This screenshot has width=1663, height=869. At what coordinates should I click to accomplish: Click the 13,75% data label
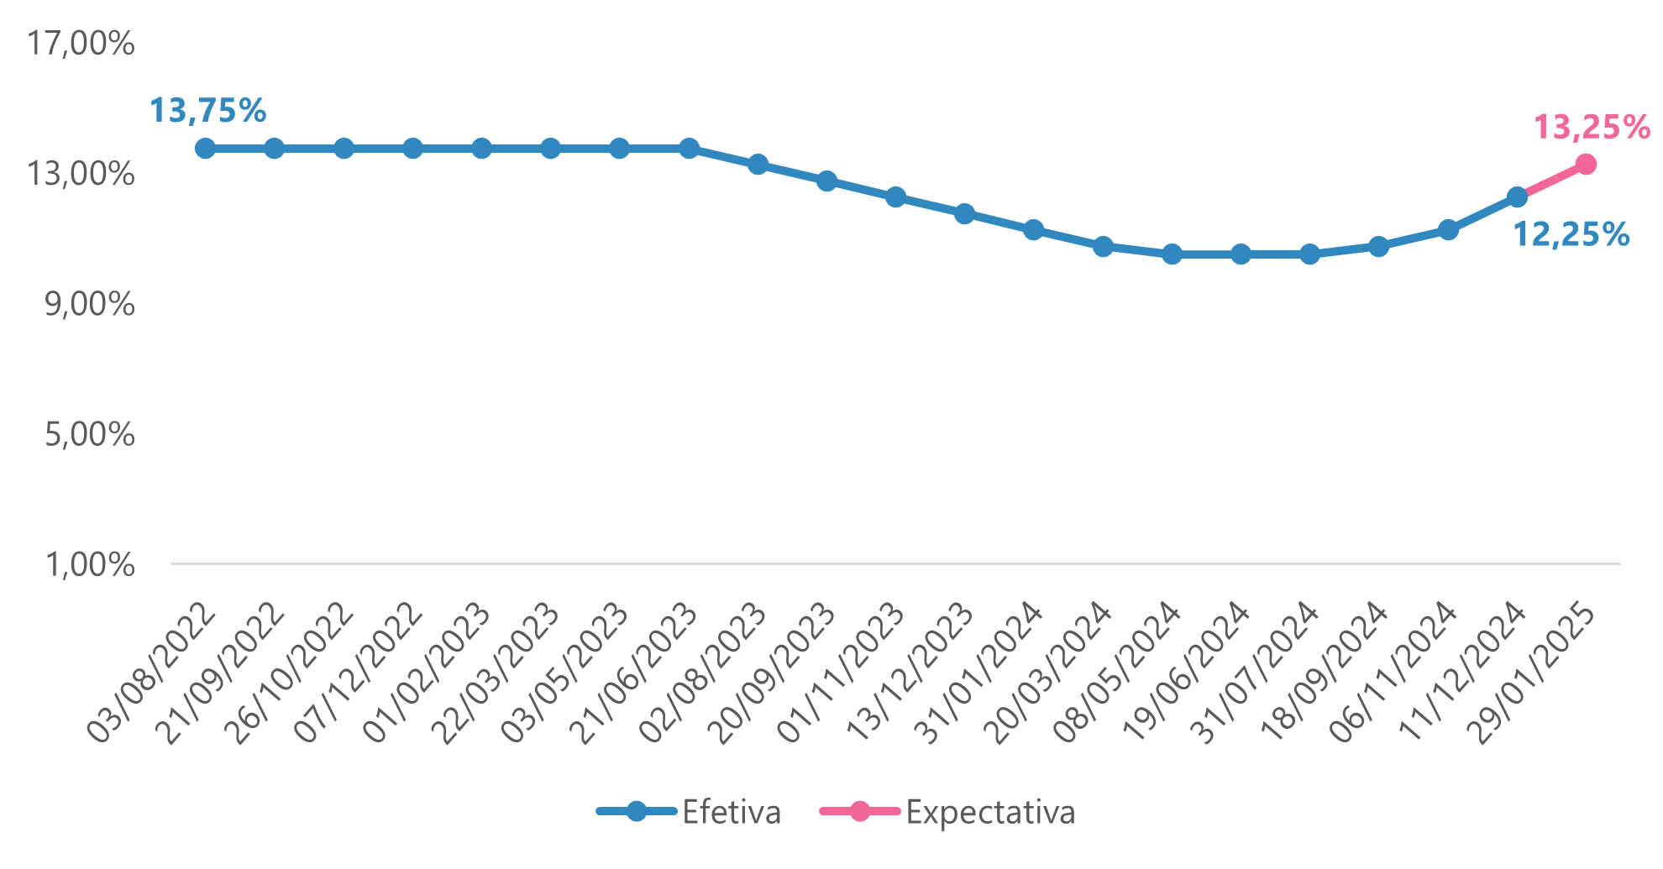(207, 111)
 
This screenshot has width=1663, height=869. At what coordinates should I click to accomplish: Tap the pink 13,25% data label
(1592, 128)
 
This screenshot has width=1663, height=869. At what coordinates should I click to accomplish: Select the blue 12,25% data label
(1571, 234)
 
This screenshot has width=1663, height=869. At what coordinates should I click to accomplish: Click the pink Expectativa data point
(1586, 165)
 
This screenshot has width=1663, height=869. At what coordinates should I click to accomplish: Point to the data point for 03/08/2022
(205, 149)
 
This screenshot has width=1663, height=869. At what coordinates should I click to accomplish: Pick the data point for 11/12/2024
(1517, 197)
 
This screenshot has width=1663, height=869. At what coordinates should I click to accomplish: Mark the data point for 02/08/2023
(758, 165)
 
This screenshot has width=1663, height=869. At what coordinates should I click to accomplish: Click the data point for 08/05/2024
(1172, 254)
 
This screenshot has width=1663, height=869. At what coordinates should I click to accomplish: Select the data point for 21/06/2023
(689, 149)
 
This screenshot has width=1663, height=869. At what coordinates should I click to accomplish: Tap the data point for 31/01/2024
(1034, 230)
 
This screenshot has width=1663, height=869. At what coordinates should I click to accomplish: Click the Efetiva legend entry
(689, 812)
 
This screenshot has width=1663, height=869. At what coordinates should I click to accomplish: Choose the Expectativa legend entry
(947, 812)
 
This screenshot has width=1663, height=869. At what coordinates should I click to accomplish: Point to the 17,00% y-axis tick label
(81, 44)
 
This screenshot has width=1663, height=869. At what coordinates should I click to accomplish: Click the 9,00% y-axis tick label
(90, 304)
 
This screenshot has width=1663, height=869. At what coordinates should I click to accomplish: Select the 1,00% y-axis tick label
(90, 565)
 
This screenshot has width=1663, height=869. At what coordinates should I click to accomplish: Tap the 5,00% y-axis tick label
(90, 435)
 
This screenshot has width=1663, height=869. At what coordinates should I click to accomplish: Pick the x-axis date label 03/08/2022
(152, 673)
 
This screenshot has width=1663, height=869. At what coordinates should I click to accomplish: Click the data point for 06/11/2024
(1448, 230)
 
